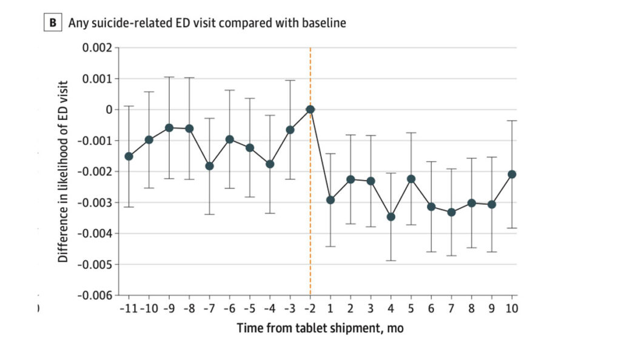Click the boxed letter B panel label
click(x=53, y=24)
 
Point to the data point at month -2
click(x=310, y=109)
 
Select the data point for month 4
click(x=391, y=216)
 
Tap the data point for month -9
click(x=169, y=128)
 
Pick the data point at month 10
click(x=512, y=174)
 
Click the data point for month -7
click(x=210, y=165)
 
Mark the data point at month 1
click(x=331, y=199)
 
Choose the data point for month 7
click(x=452, y=212)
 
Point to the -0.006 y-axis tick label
click(x=94, y=295)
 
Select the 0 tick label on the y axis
click(x=109, y=110)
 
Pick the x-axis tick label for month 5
click(x=411, y=308)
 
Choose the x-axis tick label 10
click(x=512, y=308)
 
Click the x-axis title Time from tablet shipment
click(x=319, y=328)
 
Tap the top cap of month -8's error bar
click(x=189, y=78)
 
